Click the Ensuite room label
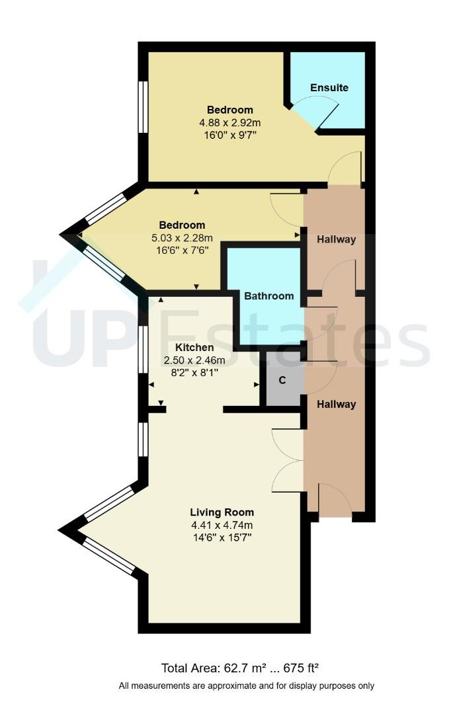[x=329, y=88]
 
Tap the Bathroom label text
[x=269, y=296]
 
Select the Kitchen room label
[x=194, y=348]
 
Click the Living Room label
[x=222, y=512]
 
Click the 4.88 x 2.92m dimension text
[x=229, y=122]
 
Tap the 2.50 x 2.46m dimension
[x=194, y=360]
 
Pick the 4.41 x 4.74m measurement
[x=222, y=526]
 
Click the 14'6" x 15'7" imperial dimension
[x=222, y=538]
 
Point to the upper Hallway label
[x=335, y=240]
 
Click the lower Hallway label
[x=335, y=405]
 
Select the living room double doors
[x=287, y=459]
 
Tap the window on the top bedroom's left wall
[x=142, y=107]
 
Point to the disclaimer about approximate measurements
[x=246, y=686]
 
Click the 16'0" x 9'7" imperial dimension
[x=229, y=135]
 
